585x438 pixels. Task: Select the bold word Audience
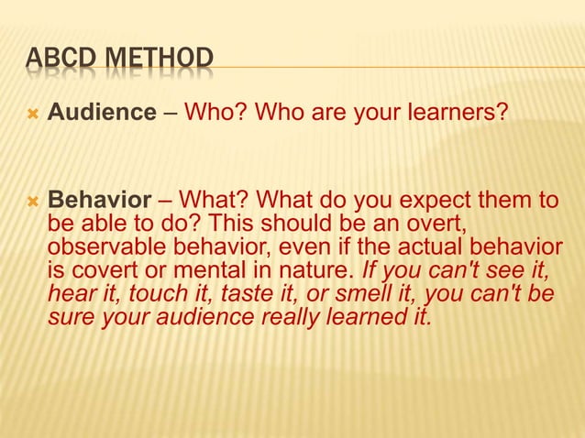[102, 114]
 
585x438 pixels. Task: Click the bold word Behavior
[99, 201]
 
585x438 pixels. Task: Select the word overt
[420, 224]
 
